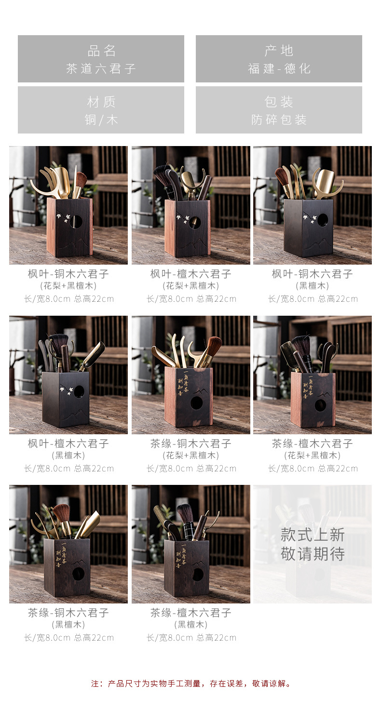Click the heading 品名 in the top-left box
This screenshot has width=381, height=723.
tap(101, 51)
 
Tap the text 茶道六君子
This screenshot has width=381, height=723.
tap(101, 68)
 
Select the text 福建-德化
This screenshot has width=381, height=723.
tap(279, 68)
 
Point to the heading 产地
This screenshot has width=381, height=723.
tap(279, 51)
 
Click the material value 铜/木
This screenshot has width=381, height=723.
tap(101, 120)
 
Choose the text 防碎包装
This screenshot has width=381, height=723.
tap(279, 120)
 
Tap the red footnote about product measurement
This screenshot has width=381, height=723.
tap(191, 683)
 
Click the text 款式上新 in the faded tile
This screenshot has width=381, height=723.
tap(313, 535)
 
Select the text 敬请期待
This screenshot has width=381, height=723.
tap(313, 554)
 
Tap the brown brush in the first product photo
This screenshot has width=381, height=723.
tap(81, 178)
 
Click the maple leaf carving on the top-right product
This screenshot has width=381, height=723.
tap(308, 217)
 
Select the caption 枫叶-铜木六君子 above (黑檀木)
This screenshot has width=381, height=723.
tap(313, 274)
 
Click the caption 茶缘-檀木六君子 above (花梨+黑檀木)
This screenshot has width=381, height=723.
tap(313, 443)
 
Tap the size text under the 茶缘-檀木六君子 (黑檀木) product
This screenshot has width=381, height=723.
tap(191, 638)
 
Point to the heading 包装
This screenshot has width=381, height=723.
tap(279, 102)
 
